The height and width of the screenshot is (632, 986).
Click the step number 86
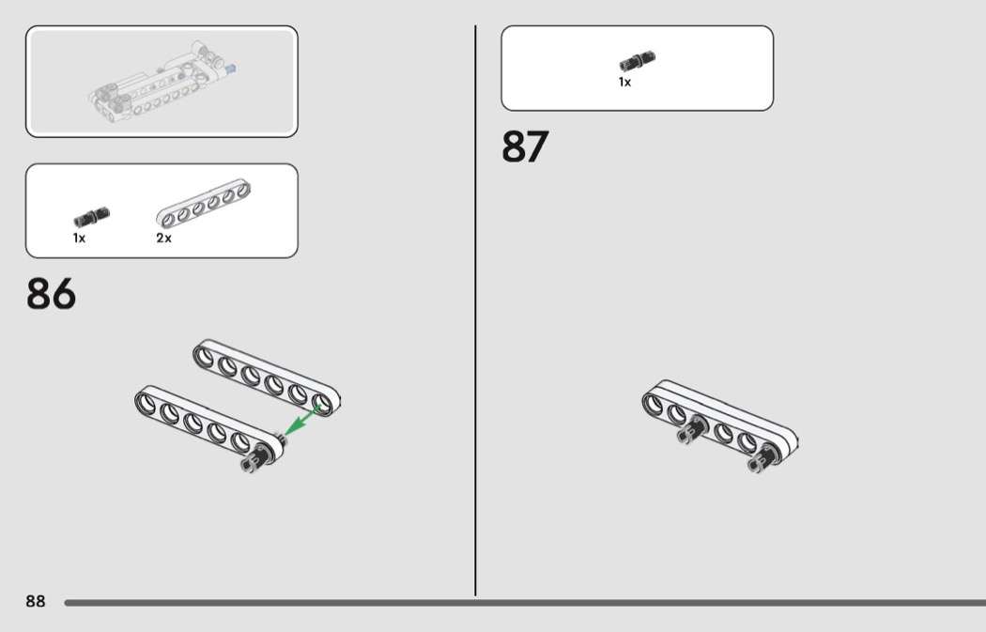pos(51,293)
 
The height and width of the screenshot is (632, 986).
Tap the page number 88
pos(36,601)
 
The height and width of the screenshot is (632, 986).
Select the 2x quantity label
pos(163,238)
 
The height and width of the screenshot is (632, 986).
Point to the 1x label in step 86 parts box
pos(79,238)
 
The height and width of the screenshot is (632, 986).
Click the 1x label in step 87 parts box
pos(624,82)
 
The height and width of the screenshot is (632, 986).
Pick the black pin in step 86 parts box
pos(92,217)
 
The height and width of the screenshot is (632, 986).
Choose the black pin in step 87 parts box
pos(638,61)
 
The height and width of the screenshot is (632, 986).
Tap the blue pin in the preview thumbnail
pos(231,69)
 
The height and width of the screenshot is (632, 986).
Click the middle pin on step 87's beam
pos(692,430)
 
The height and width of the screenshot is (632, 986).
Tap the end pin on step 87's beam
pos(763,458)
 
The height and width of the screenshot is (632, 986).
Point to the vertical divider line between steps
pos(475,310)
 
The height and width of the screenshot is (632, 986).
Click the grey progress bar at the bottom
pos(525,603)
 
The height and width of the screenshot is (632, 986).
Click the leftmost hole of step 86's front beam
pos(146,401)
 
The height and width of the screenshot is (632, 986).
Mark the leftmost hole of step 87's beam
pos(654,404)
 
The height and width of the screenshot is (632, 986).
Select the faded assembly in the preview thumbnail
pos(162,83)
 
